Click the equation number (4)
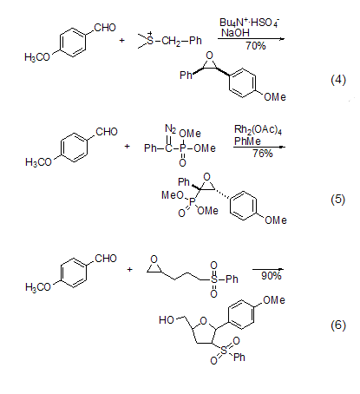[338, 80]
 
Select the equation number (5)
[338, 200]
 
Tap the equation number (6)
[338, 325]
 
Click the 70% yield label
[256, 46]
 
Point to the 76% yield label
[263, 153]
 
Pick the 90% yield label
[272, 276]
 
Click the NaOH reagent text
[235, 33]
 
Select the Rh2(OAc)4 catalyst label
[258, 130]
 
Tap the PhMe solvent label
[247, 141]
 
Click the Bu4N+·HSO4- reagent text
[249, 23]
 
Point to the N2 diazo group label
[171, 128]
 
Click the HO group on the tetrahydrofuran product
[167, 320]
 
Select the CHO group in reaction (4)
[105, 28]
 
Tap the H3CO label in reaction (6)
[38, 287]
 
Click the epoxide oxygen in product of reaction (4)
[209, 56]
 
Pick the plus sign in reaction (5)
[127, 147]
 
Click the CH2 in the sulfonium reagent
[171, 41]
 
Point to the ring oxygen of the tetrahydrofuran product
[204, 320]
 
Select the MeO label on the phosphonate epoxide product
[173, 195]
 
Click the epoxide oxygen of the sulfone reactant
[154, 259]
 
